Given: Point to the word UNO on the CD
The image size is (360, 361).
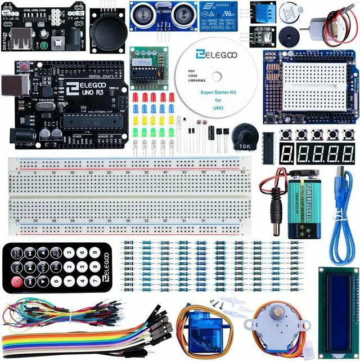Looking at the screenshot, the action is [x=218, y=106].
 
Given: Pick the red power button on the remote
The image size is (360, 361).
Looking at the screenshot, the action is [x=17, y=280].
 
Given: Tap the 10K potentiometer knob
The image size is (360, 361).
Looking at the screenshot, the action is [x=244, y=135].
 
